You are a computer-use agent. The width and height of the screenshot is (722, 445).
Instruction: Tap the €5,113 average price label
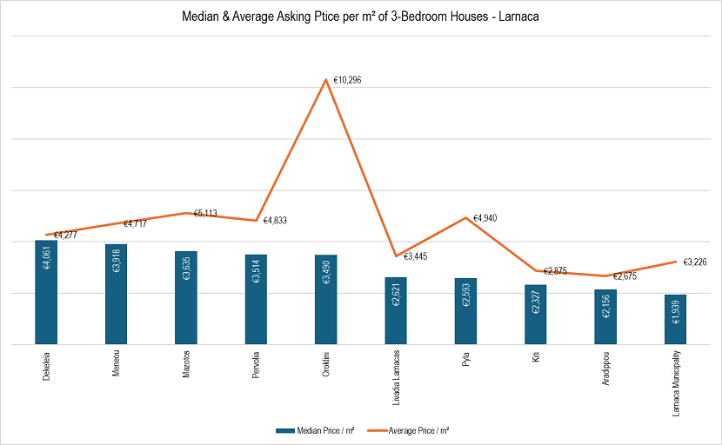tap(208, 212)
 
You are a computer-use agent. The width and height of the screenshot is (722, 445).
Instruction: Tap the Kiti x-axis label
tap(536, 359)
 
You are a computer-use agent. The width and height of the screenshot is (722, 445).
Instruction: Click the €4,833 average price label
tap(275, 221)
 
